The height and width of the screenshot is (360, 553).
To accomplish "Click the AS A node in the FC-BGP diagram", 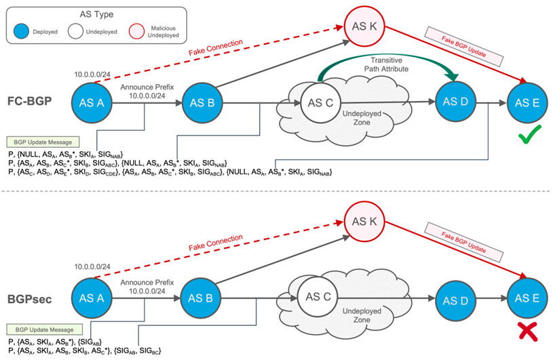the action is click(92, 103).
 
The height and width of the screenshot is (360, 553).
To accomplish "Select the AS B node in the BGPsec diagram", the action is click(200, 298).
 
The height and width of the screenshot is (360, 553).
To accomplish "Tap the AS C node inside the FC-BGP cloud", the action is click(320, 103).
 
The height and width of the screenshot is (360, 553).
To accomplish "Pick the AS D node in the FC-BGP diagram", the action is click(455, 102).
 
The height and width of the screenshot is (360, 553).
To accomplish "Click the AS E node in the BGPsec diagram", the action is click(527, 298).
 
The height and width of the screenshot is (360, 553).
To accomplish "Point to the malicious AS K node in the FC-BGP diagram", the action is click(364, 26).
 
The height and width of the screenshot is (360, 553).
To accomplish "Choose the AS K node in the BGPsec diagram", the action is click(364, 222).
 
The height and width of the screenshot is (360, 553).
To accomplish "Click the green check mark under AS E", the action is click(529, 134).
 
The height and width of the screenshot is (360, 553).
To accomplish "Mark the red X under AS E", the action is click(528, 332).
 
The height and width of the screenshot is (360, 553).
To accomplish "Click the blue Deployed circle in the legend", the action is click(21, 31).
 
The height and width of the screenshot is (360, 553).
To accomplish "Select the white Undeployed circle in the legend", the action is click(75, 31).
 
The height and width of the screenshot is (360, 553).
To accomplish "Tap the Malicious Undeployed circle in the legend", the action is click(137, 31).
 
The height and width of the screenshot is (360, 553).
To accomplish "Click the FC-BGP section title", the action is click(30, 101).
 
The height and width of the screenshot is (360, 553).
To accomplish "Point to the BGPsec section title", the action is click(30, 300).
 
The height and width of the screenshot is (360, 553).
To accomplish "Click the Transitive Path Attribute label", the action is click(386, 64).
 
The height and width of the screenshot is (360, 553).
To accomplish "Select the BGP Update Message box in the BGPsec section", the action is click(44, 329).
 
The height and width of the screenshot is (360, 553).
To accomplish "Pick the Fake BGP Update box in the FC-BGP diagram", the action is click(463, 47).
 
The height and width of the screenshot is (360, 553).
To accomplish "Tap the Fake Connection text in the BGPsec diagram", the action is click(216, 243).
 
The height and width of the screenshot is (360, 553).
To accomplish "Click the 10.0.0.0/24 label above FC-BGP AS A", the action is click(92, 75).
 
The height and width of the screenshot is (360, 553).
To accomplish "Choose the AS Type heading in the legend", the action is click(96, 14).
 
